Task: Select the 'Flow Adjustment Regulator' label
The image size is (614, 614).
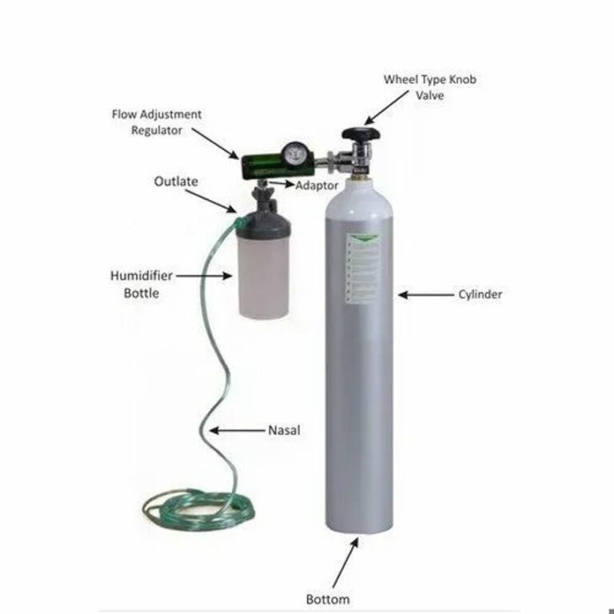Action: click(x=156, y=122)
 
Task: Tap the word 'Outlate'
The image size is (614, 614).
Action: click(x=176, y=181)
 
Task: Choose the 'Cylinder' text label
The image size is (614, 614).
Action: click(x=480, y=294)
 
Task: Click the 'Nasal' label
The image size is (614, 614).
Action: click(x=284, y=430)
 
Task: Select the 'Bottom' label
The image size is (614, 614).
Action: click(x=328, y=599)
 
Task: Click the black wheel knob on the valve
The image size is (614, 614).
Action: click(x=359, y=136)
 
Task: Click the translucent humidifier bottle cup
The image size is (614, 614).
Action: click(x=263, y=280)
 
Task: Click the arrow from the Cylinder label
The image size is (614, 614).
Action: click(x=424, y=294)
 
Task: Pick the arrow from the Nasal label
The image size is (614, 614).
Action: click(x=235, y=430)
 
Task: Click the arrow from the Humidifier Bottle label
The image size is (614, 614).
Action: click(x=204, y=275)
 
